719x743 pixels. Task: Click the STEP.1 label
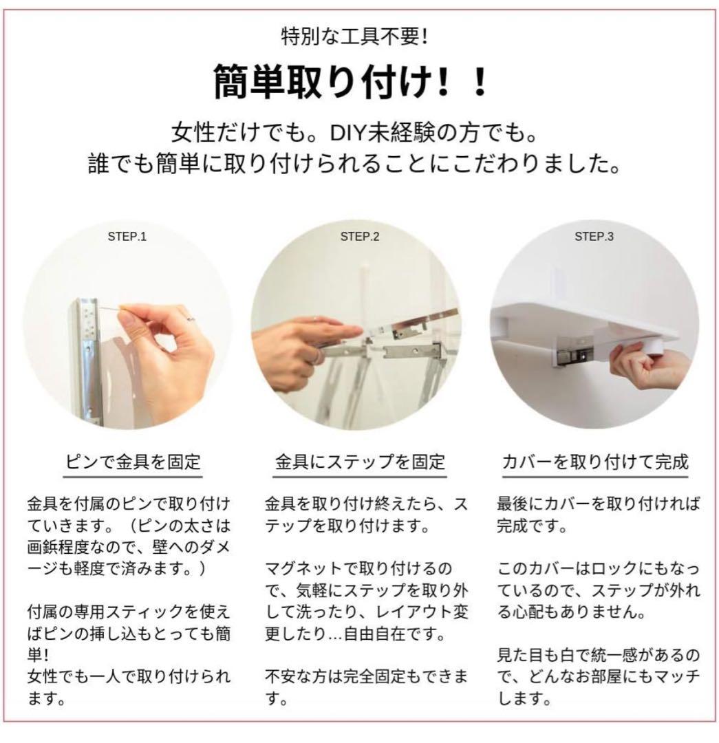(127, 237)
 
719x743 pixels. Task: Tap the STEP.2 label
(360, 237)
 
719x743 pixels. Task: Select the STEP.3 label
(594, 237)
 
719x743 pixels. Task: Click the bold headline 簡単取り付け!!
(351, 81)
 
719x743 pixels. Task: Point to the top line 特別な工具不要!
(355, 36)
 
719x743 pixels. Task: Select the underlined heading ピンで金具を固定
(133, 461)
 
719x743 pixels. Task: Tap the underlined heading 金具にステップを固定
(360, 461)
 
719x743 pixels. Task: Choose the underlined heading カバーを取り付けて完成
(595, 461)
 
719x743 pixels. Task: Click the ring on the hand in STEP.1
(190, 318)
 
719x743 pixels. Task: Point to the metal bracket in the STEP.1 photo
(87, 360)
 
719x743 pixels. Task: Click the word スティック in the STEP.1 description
(144, 612)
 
